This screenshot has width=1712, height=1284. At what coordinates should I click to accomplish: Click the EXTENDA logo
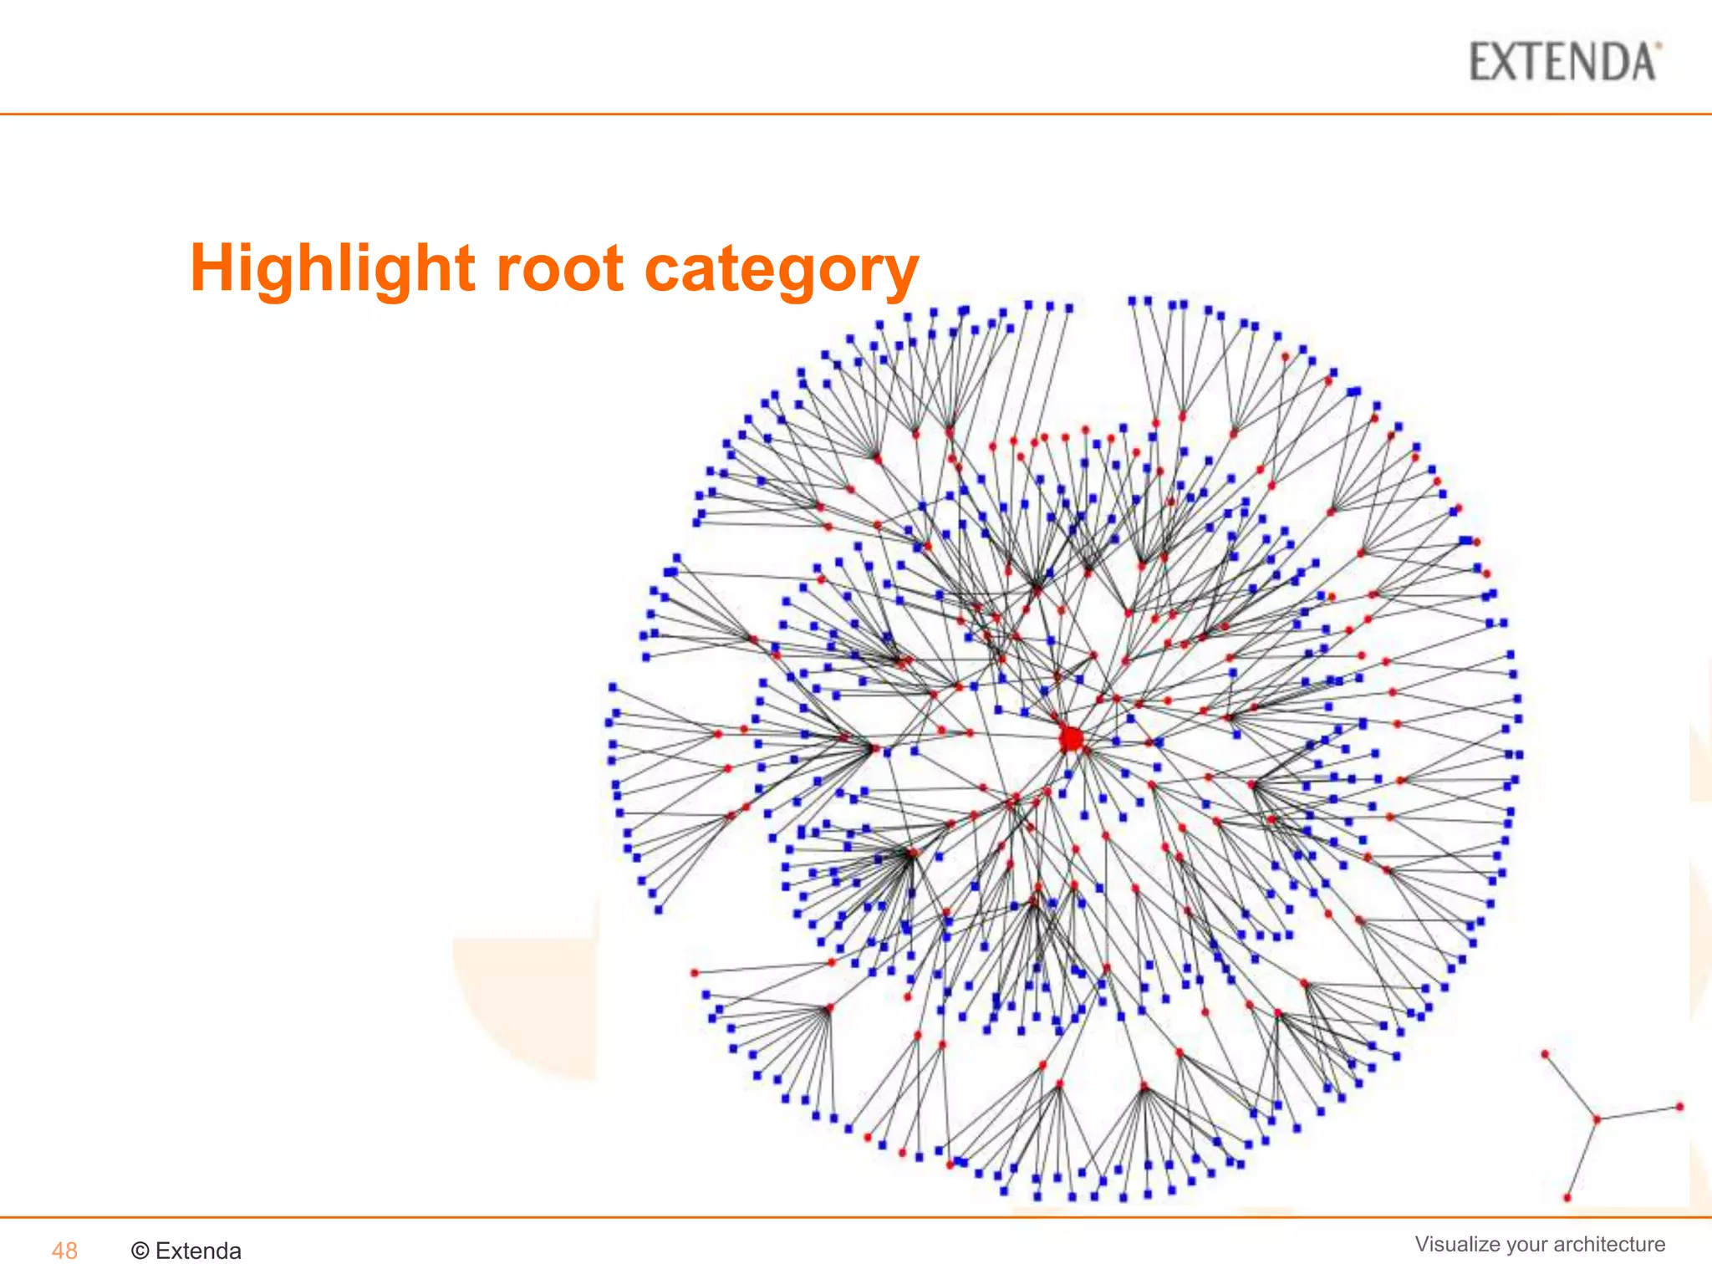point(1564,62)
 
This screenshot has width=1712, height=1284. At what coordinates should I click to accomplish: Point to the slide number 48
point(64,1251)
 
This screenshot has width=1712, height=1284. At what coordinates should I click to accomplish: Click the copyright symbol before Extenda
point(140,1251)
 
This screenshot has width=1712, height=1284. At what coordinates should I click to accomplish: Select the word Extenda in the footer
point(198,1251)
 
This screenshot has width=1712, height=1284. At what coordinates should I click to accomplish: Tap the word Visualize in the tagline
point(1458,1244)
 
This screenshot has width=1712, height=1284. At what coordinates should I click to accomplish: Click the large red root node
point(1071,739)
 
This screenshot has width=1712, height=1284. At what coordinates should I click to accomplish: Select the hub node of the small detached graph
point(1596,1119)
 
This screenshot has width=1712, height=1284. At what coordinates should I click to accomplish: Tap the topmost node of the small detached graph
point(1545,1054)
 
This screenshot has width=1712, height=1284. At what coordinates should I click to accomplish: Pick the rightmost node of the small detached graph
point(1679,1107)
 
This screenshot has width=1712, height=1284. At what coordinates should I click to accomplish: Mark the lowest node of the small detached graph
point(1567,1198)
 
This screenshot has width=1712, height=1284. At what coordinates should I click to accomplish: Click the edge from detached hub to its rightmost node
point(1638,1113)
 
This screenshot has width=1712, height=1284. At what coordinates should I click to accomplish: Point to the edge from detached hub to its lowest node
point(1582,1159)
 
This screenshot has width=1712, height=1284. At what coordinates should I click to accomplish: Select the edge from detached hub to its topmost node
point(1570,1087)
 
